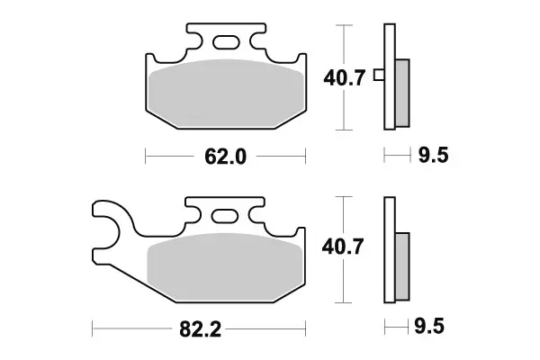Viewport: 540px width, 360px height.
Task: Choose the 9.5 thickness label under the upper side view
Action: coord(431,157)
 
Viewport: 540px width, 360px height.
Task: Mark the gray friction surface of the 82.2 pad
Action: coord(224,265)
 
